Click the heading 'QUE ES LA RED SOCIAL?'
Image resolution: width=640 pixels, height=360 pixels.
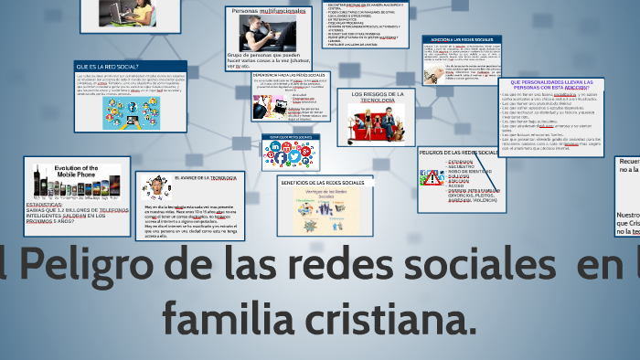[x=108, y=67]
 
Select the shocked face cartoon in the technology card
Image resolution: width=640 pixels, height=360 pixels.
[x=157, y=186]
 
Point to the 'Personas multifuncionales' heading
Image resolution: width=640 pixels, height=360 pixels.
[x=271, y=10]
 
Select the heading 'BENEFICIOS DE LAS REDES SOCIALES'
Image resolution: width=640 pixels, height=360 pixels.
[x=325, y=183]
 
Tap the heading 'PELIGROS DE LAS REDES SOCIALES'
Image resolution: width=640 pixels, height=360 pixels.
[x=459, y=152]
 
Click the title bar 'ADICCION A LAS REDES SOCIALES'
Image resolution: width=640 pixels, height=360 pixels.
[x=462, y=40]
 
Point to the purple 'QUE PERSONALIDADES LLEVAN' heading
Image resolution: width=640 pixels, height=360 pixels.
[x=551, y=85]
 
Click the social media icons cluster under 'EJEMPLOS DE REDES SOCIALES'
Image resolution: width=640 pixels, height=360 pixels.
[x=288, y=155]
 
